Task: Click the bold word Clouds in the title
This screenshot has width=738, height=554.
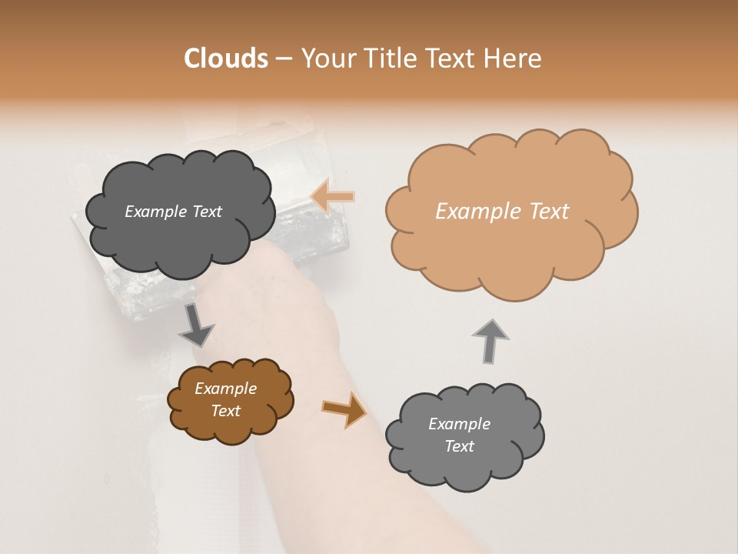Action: pos(226,58)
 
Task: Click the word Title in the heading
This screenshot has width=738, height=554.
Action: pos(389,58)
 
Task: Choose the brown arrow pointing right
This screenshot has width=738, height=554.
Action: pos(345,409)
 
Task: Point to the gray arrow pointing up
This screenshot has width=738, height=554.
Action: pos(490,341)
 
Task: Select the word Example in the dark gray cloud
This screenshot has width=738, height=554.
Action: pos(156,212)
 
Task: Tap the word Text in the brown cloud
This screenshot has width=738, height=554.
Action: pos(226,411)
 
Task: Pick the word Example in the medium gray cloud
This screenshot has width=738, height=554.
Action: pos(459,424)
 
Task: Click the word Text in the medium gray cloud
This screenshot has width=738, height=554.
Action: pos(459,446)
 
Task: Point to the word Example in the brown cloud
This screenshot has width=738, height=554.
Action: pos(225,389)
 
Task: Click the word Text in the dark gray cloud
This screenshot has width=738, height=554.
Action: pos(206,212)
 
